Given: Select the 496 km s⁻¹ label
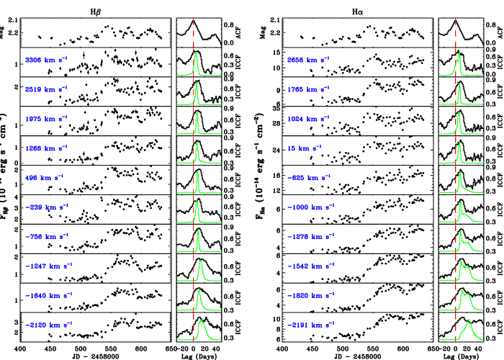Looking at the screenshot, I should click(x=44, y=178).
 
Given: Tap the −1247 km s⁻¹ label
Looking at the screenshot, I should click(x=48, y=266).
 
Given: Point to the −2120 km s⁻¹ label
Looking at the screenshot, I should click(x=48, y=325).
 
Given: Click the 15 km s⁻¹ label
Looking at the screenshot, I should click(x=304, y=148).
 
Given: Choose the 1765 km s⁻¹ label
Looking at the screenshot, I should click(x=308, y=89).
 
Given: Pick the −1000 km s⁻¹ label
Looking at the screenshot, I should click(x=310, y=207).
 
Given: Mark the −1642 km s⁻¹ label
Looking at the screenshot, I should click(x=310, y=266).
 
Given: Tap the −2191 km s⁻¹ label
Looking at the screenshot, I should click(x=310, y=325).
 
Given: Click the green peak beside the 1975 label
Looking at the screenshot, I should click(x=197, y=122).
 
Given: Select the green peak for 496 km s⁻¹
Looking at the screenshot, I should click(x=197, y=181).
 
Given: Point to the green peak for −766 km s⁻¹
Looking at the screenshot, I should click(x=198, y=240).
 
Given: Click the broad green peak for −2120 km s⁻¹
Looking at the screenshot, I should click(x=202, y=328).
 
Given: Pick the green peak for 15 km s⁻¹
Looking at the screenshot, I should click(x=459, y=152).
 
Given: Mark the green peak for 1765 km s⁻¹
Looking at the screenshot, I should click(x=459, y=94).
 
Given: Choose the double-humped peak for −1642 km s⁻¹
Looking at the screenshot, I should click(x=464, y=270).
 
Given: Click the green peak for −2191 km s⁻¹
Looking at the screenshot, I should click(x=469, y=328).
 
